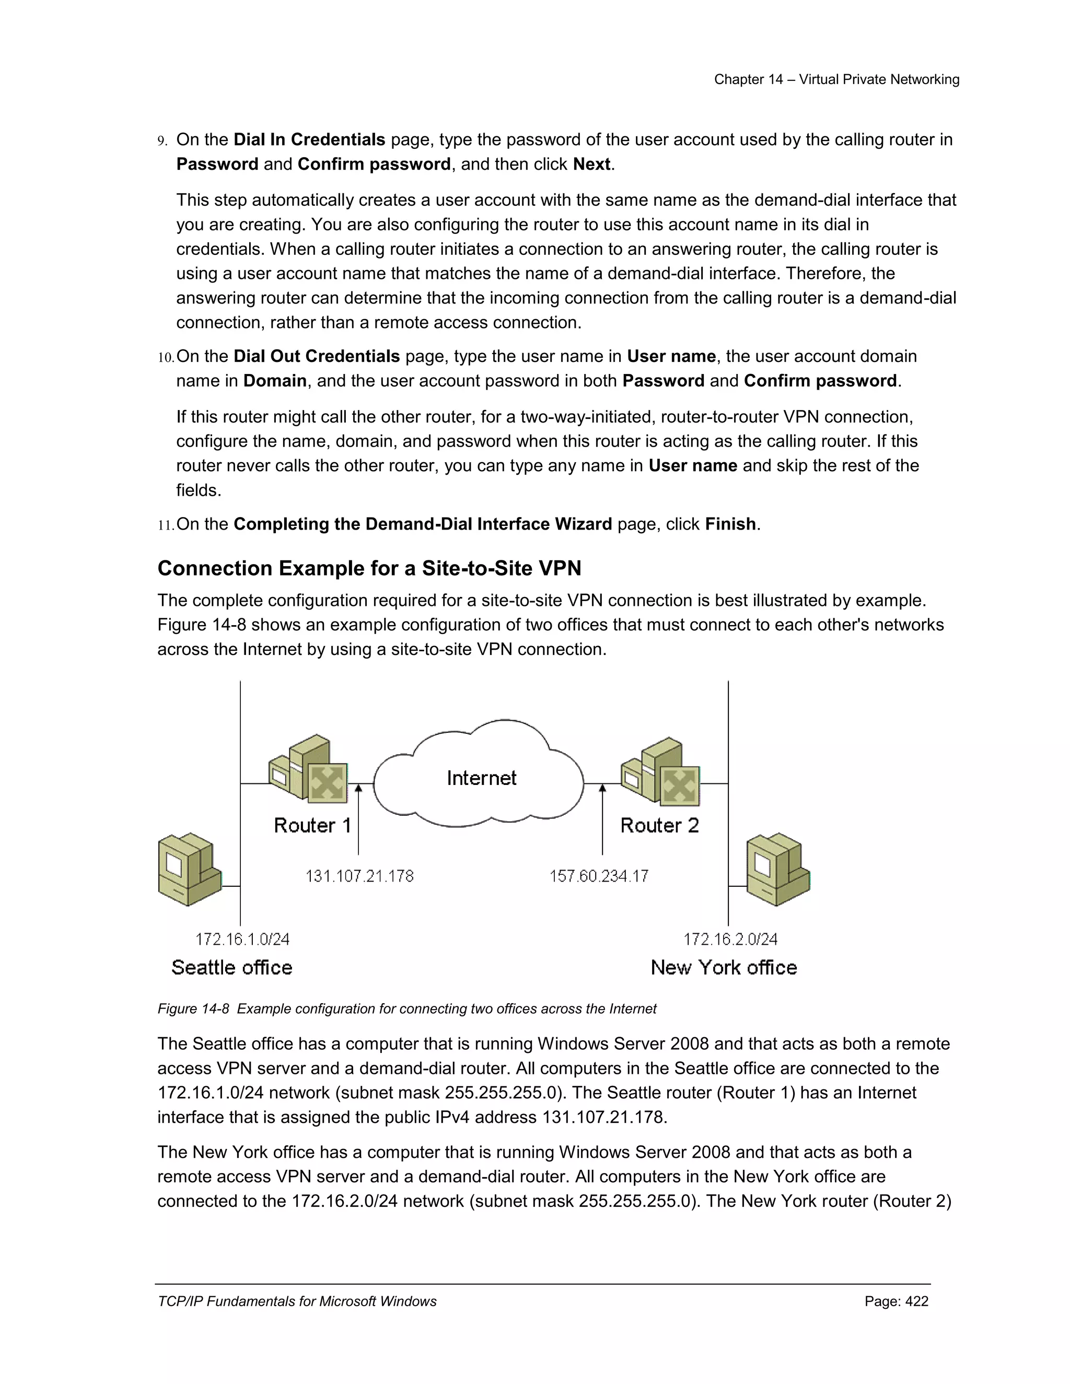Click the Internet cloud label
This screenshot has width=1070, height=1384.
pyautogui.click(x=481, y=778)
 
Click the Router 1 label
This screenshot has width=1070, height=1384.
pyautogui.click(x=312, y=825)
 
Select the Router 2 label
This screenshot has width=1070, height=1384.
pyautogui.click(x=659, y=825)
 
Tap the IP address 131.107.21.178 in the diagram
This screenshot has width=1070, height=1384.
pyautogui.click(x=359, y=876)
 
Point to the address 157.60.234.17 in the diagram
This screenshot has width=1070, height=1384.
pyautogui.click(x=598, y=876)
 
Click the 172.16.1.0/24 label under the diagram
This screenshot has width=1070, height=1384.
pyautogui.click(x=242, y=939)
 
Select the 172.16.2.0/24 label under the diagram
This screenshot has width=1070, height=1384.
pyautogui.click(x=730, y=939)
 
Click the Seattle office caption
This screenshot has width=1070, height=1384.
pyautogui.click(x=231, y=968)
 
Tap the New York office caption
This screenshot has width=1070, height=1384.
pyautogui.click(x=723, y=968)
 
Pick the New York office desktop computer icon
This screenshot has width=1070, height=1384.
pyautogui.click(x=778, y=870)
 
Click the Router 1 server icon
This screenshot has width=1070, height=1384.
pyautogui.click(x=309, y=769)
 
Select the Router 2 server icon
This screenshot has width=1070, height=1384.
pyautogui.click(x=661, y=771)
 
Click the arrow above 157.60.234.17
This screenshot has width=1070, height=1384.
pyautogui.click(x=602, y=817)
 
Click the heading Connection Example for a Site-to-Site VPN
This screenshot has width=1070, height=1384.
pyautogui.click(x=369, y=568)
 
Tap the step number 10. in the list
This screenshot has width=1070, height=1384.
pyautogui.click(x=166, y=357)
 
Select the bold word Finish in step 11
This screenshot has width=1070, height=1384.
pyautogui.click(x=730, y=524)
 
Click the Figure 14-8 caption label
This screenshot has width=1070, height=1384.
pyautogui.click(x=193, y=1009)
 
